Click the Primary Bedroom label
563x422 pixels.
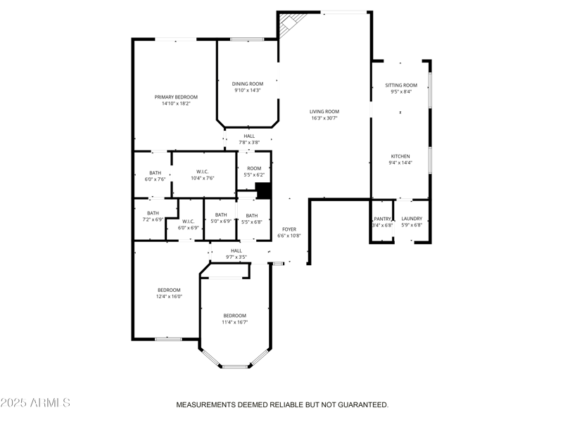[x=176, y=96]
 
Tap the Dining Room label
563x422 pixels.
[x=248, y=84]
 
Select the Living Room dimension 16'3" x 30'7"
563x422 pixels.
[x=324, y=118]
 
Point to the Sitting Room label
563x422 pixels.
[x=400, y=84]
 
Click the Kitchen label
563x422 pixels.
[x=400, y=156]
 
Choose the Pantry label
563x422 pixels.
[x=382, y=219]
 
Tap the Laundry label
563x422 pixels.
[x=412, y=219]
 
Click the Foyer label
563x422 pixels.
[x=289, y=229]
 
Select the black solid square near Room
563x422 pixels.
[x=263, y=191]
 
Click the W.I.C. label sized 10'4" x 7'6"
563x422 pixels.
[x=202, y=172]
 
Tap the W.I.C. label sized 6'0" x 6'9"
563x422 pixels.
[x=189, y=221]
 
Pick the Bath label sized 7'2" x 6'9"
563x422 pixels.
[x=153, y=213]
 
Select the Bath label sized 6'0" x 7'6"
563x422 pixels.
[x=155, y=173]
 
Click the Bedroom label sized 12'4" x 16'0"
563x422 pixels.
[x=169, y=290]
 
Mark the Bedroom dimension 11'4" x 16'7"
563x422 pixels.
[x=235, y=322]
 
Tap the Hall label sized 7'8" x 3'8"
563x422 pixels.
[x=249, y=136]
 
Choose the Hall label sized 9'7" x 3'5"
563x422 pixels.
[x=236, y=250]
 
